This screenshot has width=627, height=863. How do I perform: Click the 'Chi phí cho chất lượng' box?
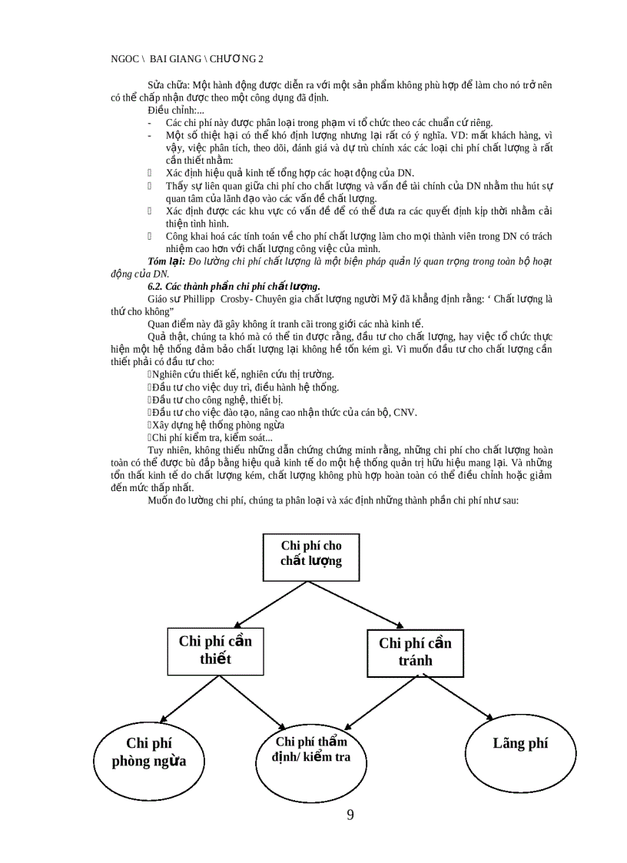[310, 553]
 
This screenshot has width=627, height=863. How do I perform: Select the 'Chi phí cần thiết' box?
[215, 649]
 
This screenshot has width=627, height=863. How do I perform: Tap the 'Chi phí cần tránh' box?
[415, 651]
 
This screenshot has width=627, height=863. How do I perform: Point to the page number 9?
[350, 815]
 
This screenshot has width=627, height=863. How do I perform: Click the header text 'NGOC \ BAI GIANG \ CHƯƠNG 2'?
[187, 58]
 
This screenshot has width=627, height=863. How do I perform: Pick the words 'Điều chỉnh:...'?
[177, 110]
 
